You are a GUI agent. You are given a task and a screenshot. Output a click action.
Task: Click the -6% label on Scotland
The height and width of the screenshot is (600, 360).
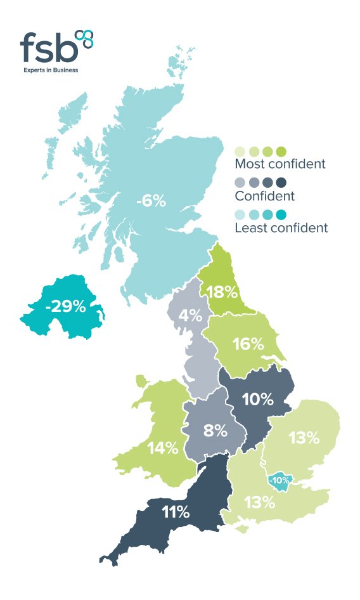151,202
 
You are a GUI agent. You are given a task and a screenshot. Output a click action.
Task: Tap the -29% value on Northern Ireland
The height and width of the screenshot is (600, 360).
65,307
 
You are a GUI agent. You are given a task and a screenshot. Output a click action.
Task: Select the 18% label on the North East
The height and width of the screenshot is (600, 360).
222,292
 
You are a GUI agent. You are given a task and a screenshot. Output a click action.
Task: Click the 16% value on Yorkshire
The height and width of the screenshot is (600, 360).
248,344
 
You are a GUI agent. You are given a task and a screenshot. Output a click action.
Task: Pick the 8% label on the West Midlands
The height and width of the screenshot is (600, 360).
215,431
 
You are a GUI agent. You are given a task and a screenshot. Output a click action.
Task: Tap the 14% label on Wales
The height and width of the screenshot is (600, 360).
163,448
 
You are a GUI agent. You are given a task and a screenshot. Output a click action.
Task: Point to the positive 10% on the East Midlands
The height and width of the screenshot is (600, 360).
257,400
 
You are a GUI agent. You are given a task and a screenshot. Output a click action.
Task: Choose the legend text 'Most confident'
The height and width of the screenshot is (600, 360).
280,164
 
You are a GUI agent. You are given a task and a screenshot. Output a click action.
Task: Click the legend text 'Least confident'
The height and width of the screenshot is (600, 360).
281,228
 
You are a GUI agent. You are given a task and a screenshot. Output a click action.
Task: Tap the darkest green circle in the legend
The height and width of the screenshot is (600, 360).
281,151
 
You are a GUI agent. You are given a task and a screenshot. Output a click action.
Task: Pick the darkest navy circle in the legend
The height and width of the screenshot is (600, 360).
281,183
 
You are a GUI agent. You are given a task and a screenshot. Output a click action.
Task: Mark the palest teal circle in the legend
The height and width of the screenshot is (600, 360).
240,214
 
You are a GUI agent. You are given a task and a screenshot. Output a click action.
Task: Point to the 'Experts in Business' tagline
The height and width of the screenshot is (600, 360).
51,70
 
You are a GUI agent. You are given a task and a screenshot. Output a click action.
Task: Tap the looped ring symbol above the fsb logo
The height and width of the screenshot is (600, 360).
84,37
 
